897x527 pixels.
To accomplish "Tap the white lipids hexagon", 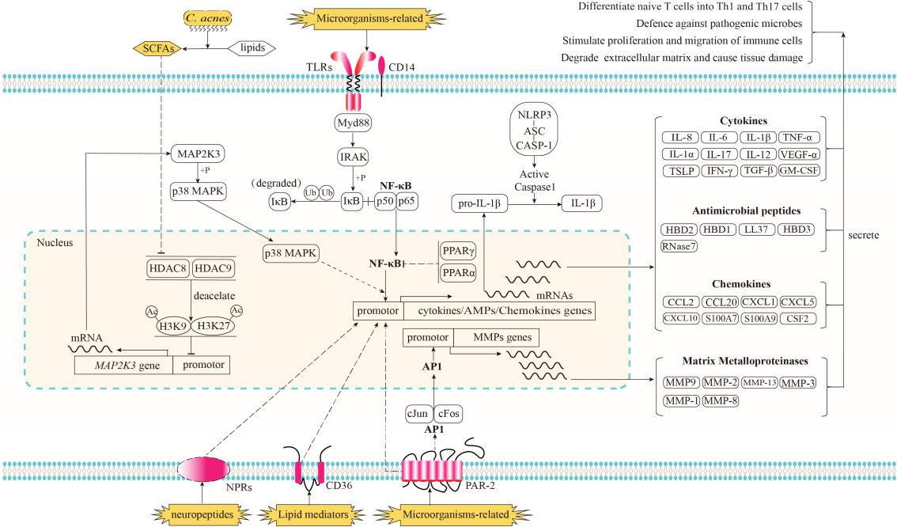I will (252, 49).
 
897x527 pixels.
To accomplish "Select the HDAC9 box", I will (213, 269).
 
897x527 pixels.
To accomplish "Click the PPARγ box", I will (459, 251).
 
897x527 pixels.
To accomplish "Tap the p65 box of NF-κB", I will (407, 201).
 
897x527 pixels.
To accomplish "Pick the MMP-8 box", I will (721, 401).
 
